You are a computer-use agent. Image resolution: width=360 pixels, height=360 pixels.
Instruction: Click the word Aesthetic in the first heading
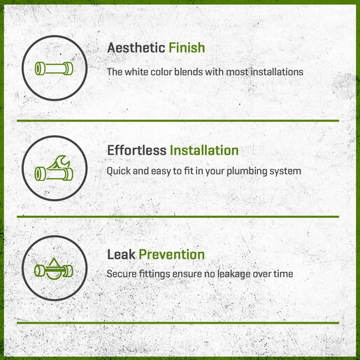136,48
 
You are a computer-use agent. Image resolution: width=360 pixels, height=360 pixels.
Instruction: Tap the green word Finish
187,48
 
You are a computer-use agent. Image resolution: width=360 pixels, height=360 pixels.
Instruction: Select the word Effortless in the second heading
136,150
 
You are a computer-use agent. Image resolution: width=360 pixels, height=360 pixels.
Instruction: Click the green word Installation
204,150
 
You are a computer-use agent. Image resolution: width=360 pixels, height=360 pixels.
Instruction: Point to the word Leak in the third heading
121,254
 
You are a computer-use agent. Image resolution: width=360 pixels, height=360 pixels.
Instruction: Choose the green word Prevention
172,254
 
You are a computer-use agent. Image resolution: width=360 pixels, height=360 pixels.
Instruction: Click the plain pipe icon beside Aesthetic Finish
54,69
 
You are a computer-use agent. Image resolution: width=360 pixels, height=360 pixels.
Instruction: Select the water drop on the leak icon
54,268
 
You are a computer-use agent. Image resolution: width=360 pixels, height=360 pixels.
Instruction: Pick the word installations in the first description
277,72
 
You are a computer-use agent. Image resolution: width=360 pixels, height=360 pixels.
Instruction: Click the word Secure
122,274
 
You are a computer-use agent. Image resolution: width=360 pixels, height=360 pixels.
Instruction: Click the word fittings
154,274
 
